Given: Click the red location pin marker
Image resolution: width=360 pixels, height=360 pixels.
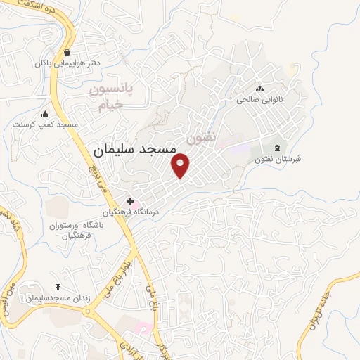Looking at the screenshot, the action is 181,164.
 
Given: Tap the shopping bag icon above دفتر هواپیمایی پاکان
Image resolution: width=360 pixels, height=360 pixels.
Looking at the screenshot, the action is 67,52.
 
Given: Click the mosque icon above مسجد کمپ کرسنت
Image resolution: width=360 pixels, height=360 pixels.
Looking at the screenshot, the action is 46,114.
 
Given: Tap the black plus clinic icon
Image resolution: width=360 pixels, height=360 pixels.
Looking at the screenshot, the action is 130,201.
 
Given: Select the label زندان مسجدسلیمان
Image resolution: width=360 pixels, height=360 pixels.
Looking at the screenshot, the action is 58,298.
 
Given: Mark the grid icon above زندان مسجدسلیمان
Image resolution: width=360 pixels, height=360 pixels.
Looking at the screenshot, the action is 58,287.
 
